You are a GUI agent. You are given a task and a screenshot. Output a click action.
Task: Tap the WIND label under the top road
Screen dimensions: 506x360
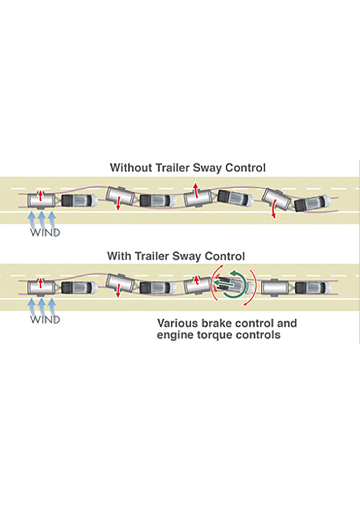[45, 232]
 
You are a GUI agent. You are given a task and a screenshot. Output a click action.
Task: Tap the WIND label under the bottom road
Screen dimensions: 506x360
[45, 320]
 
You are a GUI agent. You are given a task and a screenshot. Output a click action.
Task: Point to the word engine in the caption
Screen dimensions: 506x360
[173, 336]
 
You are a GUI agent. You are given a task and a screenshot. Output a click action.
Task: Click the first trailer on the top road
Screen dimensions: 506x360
[41, 200]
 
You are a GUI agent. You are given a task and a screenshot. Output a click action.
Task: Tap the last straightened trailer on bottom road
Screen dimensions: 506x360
[276, 288]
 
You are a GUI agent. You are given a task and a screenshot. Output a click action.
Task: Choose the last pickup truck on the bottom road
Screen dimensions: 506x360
[312, 288]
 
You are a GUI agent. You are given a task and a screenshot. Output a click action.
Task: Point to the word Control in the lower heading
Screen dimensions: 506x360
[225, 256]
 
